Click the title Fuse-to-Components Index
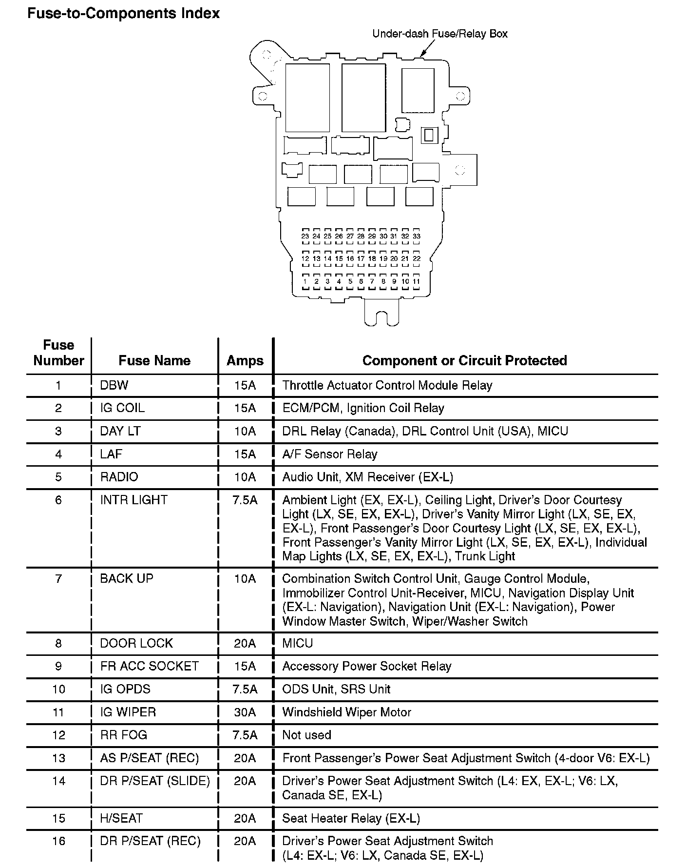pyautogui.click(x=123, y=13)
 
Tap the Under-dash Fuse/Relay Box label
pyautogui.click(x=439, y=34)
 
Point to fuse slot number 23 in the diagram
pyautogui.click(x=305, y=236)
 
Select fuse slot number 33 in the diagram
pyautogui.click(x=417, y=236)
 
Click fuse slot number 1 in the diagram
pyautogui.click(x=305, y=281)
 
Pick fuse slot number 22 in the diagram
pyautogui.click(x=417, y=258)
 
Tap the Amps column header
pyautogui.click(x=245, y=360)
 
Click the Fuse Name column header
pyautogui.click(x=154, y=360)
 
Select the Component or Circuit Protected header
pyautogui.click(x=464, y=360)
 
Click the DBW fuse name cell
pyautogui.click(x=114, y=385)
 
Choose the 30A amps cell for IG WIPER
pyautogui.click(x=245, y=712)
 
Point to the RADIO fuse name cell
pyautogui.click(x=119, y=477)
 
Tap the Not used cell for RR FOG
pyautogui.click(x=306, y=735)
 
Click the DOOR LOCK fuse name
pyautogui.click(x=136, y=643)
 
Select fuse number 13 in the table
pyautogui.click(x=58, y=758)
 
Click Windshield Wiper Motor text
pyautogui.click(x=346, y=712)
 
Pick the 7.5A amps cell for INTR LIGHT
pyautogui.click(x=245, y=500)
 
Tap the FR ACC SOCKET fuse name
pyautogui.click(x=149, y=666)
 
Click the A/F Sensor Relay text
pyautogui.click(x=330, y=454)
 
